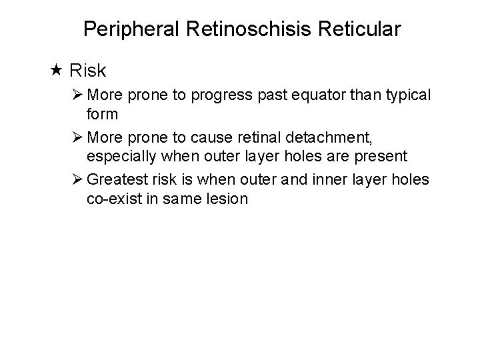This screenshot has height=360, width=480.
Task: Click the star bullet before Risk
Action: click(x=56, y=69)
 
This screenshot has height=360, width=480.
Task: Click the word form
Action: click(x=102, y=114)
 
